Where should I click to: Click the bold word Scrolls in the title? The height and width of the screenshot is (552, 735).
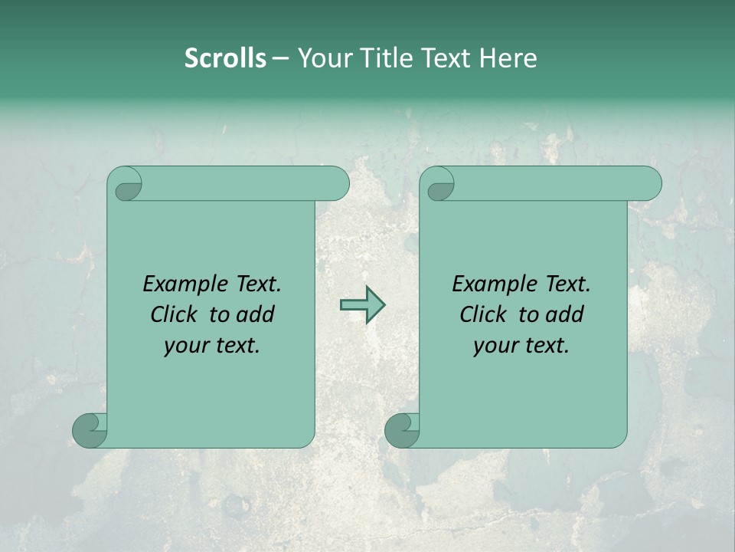click(225, 58)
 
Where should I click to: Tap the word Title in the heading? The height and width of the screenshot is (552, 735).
click(381, 58)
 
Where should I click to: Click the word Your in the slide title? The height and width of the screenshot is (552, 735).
click(325, 58)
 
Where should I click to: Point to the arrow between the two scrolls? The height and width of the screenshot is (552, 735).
click(362, 305)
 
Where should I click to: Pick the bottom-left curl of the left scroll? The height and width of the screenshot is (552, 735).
click(89, 429)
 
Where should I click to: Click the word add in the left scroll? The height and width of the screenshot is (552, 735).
click(256, 314)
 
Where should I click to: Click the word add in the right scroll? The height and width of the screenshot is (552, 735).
click(566, 314)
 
